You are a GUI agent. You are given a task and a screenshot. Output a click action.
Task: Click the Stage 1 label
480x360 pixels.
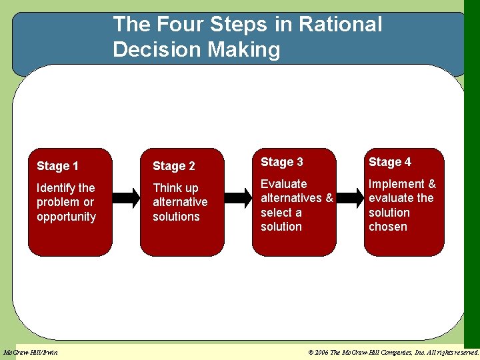(57, 166)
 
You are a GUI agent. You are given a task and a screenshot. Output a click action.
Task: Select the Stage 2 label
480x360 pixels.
(173, 166)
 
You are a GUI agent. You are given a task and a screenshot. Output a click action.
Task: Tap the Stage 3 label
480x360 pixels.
(281, 162)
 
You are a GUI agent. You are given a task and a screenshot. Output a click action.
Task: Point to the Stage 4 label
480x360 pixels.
(389, 162)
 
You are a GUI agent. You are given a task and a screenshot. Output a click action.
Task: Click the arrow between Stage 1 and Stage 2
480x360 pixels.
(126, 198)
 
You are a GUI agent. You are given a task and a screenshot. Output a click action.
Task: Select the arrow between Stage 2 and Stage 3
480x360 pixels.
(238, 198)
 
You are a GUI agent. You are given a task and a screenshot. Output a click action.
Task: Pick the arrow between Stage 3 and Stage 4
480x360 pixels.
(349, 198)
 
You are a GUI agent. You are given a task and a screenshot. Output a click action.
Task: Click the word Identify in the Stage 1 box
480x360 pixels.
(56, 188)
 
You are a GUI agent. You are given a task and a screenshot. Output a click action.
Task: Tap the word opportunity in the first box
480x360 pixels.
(66, 217)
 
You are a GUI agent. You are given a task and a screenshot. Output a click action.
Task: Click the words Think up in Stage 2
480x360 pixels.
(175, 188)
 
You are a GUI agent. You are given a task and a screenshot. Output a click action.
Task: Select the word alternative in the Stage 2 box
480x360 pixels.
(180, 202)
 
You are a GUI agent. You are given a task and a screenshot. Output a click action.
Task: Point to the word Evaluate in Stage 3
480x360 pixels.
(283, 184)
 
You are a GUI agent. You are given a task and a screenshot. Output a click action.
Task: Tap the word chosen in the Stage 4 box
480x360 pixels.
(387, 227)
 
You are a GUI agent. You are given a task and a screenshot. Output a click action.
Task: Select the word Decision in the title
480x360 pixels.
(155, 49)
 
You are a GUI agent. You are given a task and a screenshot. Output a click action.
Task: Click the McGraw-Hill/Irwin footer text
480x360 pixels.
(31, 352)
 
